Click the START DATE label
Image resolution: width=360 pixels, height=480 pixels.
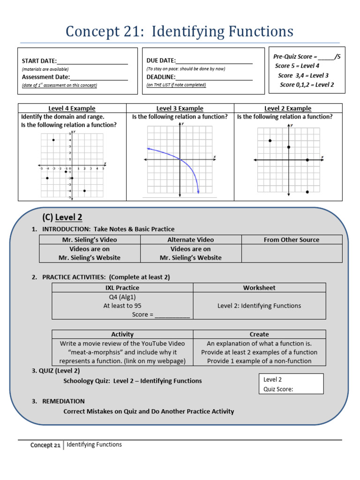click(x=39, y=61)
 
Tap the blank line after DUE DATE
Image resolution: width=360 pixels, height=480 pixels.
click(x=214, y=61)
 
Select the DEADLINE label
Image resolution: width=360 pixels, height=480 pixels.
click(x=161, y=77)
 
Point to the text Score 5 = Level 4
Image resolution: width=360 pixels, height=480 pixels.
click(x=297, y=66)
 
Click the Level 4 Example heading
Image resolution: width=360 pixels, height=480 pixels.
click(x=72, y=108)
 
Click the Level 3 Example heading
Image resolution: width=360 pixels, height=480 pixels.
click(x=180, y=108)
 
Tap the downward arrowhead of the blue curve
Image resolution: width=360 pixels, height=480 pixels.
click(x=198, y=191)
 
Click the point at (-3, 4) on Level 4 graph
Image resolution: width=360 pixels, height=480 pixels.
click(x=53, y=140)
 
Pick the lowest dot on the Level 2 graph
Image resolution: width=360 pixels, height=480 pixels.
click(x=307, y=192)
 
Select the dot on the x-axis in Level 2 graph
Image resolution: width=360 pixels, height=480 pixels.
click(x=307, y=160)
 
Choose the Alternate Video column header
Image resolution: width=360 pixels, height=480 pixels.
click(x=191, y=240)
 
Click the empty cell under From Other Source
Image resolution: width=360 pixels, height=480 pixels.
click(x=292, y=253)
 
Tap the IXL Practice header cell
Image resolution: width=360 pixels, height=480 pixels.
click(x=122, y=288)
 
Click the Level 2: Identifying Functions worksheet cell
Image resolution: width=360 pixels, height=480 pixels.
click(x=259, y=306)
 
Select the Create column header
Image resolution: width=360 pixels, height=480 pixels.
click(x=259, y=334)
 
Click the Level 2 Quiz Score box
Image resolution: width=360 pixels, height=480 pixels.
click(x=291, y=383)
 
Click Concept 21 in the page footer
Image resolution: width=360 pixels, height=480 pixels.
click(x=45, y=445)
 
